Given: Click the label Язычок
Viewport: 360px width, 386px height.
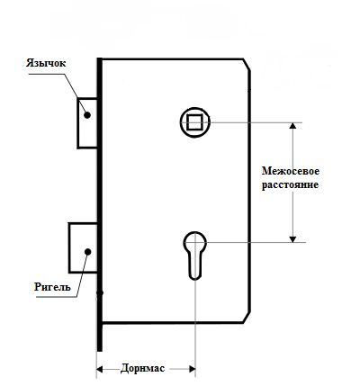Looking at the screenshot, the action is coord(46,63).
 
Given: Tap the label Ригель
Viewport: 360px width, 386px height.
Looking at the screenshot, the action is coord(52,287).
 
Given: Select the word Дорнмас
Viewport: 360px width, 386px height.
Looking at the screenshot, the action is coord(142,368).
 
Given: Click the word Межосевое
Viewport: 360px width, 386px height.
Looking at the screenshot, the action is coord(291,171).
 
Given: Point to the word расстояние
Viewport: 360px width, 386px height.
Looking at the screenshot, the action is coord(290,184).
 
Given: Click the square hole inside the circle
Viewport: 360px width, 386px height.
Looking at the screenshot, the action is coord(194,122).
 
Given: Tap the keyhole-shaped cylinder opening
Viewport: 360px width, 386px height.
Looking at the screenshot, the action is coord(195,256).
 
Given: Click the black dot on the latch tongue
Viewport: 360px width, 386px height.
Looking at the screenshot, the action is coord(87,115).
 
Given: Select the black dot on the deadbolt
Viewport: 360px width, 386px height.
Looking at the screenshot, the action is coord(87,252).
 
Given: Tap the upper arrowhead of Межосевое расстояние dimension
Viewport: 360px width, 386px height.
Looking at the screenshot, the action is coord(292,126).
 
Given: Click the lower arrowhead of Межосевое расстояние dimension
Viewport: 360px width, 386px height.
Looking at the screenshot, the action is coord(292,239).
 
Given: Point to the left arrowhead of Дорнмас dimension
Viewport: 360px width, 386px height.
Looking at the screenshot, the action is coord(100,369).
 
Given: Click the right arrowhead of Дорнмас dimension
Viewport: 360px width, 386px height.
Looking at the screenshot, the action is coord(192,369).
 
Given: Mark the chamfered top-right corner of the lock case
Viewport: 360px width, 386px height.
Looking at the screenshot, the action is coord(247,65).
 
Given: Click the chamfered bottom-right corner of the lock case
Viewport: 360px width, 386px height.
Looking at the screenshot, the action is coord(247,318).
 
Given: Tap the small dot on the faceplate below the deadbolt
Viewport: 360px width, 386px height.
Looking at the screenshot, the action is coord(101,292).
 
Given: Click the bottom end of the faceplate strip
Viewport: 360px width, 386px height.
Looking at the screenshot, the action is coord(100,351).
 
